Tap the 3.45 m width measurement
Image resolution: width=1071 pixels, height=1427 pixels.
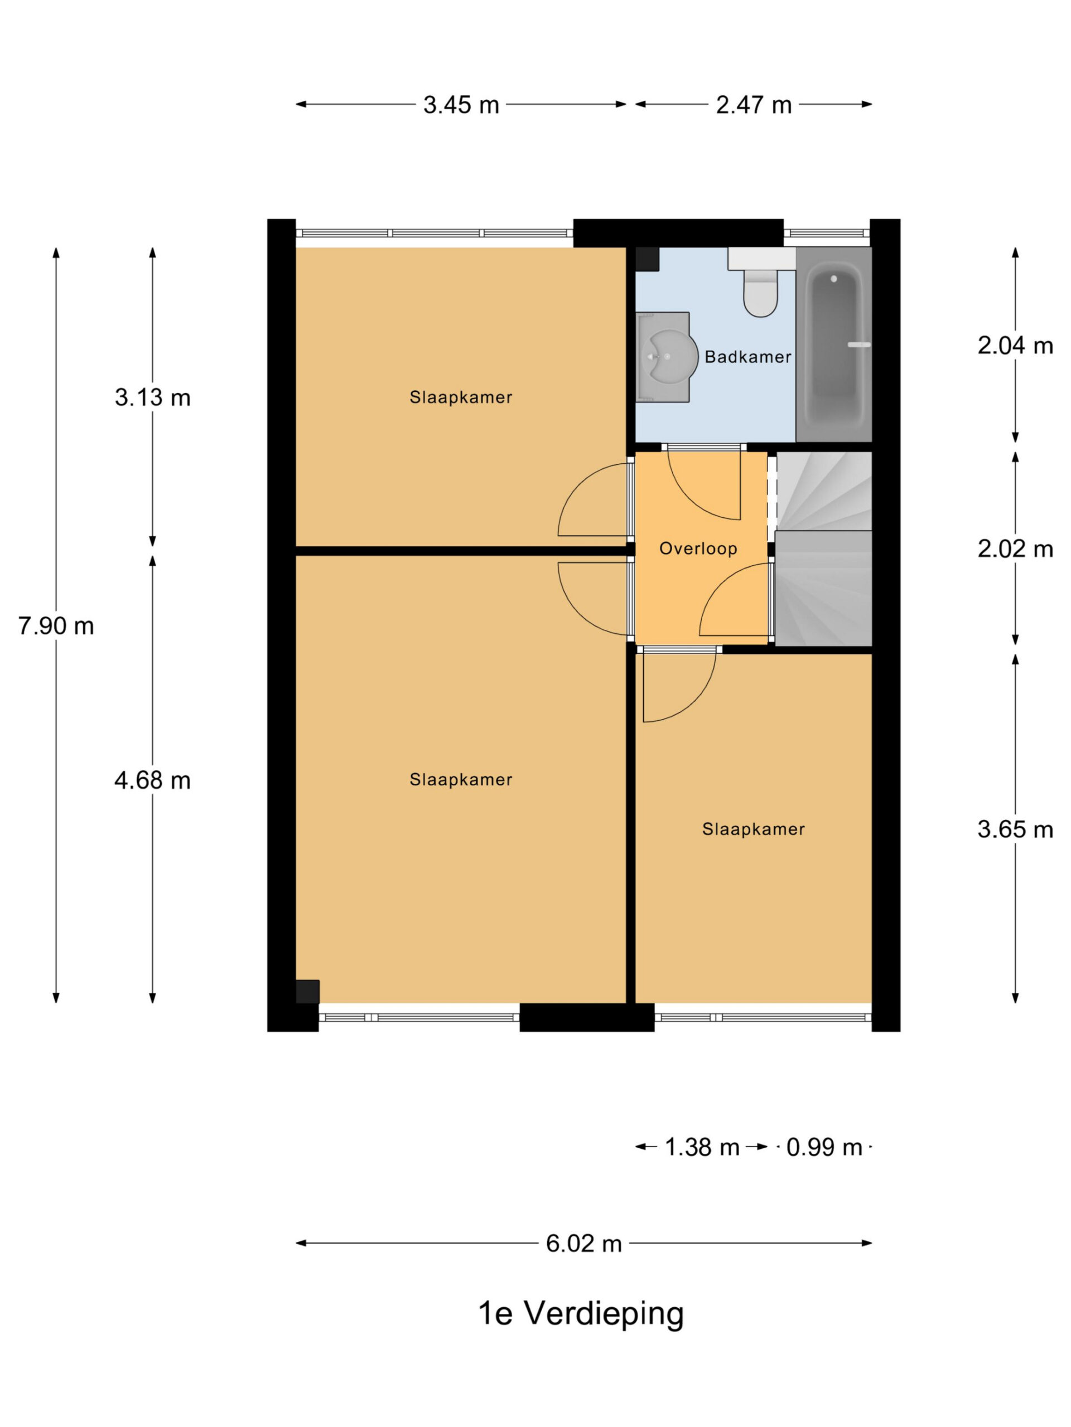click(x=461, y=104)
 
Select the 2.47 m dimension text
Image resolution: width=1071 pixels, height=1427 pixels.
click(x=754, y=104)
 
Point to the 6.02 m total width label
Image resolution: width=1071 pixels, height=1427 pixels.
click(x=583, y=1243)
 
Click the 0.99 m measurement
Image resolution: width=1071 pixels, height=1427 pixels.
click(x=824, y=1147)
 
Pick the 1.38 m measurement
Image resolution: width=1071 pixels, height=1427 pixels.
click(x=702, y=1147)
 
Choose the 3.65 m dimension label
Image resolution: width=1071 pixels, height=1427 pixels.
click(x=1015, y=829)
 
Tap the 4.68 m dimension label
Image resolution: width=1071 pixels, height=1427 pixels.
click(x=152, y=780)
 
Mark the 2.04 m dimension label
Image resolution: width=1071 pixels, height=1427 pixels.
click(x=1015, y=346)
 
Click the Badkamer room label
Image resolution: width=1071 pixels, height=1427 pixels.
click(x=747, y=357)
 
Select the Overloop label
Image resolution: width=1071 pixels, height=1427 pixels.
click(x=698, y=549)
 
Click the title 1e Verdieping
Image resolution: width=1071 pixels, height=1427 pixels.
click(x=580, y=1314)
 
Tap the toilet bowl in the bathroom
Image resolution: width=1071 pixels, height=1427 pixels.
click(x=760, y=294)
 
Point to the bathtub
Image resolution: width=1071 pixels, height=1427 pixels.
click(x=833, y=344)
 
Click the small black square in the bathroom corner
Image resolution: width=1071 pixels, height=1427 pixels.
click(x=647, y=259)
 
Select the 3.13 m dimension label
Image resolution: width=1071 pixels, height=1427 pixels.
click(x=152, y=397)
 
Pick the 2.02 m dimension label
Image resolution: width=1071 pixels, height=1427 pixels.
click(x=1015, y=549)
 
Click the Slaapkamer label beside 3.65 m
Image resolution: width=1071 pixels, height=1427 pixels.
click(x=754, y=829)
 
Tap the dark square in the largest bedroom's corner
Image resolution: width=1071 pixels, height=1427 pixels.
click(x=307, y=992)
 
